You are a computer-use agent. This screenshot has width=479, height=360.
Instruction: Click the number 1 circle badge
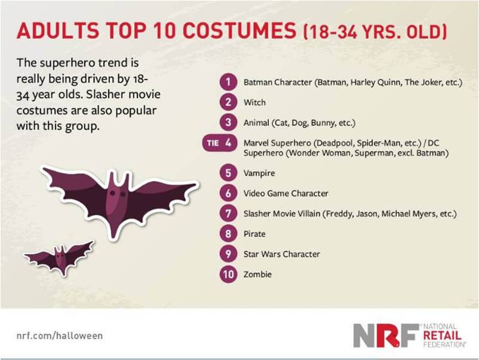tap(228, 82)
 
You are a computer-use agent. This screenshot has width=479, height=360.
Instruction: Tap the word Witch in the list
tap(254, 103)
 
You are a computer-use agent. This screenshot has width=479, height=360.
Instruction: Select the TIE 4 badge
tap(220, 142)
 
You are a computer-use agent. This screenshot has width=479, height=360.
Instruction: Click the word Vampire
tap(259, 173)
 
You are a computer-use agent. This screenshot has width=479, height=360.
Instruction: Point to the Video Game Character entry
tap(286, 194)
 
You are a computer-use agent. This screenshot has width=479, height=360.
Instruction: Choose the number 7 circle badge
tap(228, 213)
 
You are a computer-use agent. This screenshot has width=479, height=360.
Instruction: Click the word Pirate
tap(254, 234)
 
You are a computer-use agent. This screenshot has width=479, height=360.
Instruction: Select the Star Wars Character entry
tap(282, 254)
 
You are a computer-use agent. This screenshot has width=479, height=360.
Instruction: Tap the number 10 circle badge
tap(228, 274)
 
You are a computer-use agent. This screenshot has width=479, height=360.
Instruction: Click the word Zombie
tap(257, 274)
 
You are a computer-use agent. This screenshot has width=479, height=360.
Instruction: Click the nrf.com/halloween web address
tap(60, 336)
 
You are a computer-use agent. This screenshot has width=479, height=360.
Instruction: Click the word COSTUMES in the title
tap(240, 30)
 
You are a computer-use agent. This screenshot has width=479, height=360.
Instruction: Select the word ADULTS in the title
tap(58, 30)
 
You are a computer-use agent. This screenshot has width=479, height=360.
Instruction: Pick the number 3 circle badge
tap(228, 123)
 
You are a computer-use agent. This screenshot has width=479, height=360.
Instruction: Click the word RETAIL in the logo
tap(442, 336)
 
